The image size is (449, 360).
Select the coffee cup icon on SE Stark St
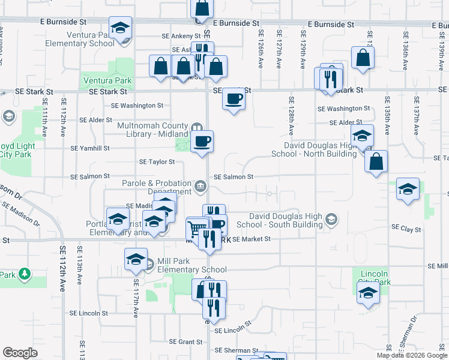tap(234, 99)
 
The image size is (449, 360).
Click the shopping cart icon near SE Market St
tap(196, 229)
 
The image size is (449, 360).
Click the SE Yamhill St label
tap(90, 148)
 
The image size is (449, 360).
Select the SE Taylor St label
tap(157, 161)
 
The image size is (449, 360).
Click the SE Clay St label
tap(406, 228)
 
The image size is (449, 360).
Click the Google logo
tap(20, 353)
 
